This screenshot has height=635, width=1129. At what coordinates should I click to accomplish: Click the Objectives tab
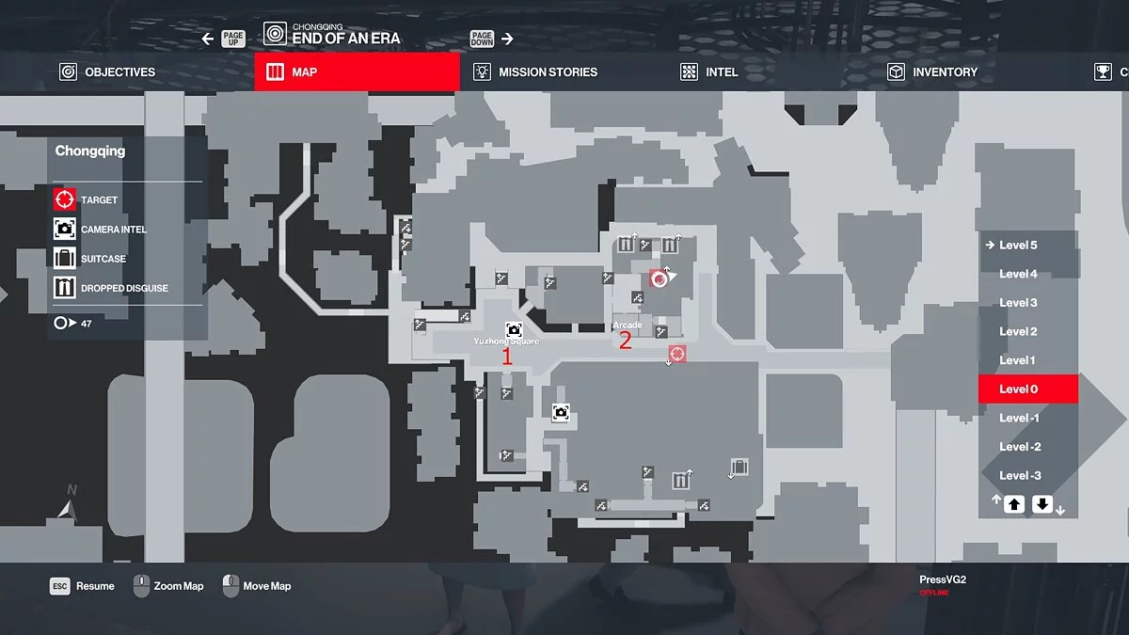click(x=108, y=72)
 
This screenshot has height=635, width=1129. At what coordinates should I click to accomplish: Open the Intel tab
click(x=710, y=72)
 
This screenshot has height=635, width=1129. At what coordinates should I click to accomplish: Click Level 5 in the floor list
click(x=1018, y=246)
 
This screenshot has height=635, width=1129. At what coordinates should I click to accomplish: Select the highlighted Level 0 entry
click(x=1027, y=389)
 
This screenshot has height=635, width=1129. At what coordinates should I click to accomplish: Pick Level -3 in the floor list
click(x=1020, y=475)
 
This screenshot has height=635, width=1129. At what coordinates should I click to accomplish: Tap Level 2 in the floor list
click(x=1018, y=331)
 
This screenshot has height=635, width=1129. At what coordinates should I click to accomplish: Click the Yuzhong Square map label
click(x=506, y=341)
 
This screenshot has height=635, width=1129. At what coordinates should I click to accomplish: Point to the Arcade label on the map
click(x=628, y=325)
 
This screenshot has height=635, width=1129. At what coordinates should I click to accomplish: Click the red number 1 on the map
click(x=507, y=357)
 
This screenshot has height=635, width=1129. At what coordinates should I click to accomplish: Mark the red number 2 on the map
click(x=625, y=341)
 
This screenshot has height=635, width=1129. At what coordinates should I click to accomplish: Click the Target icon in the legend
click(x=65, y=199)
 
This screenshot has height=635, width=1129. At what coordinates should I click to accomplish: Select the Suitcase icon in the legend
click(x=65, y=259)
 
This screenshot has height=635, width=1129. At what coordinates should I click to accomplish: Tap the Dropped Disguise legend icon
click(x=65, y=288)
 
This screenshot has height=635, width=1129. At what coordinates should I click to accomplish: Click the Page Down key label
click(x=483, y=39)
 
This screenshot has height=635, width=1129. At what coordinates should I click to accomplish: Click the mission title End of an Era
click(x=345, y=39)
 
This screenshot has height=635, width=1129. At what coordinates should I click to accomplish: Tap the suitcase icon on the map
click(x=739, y=467)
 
